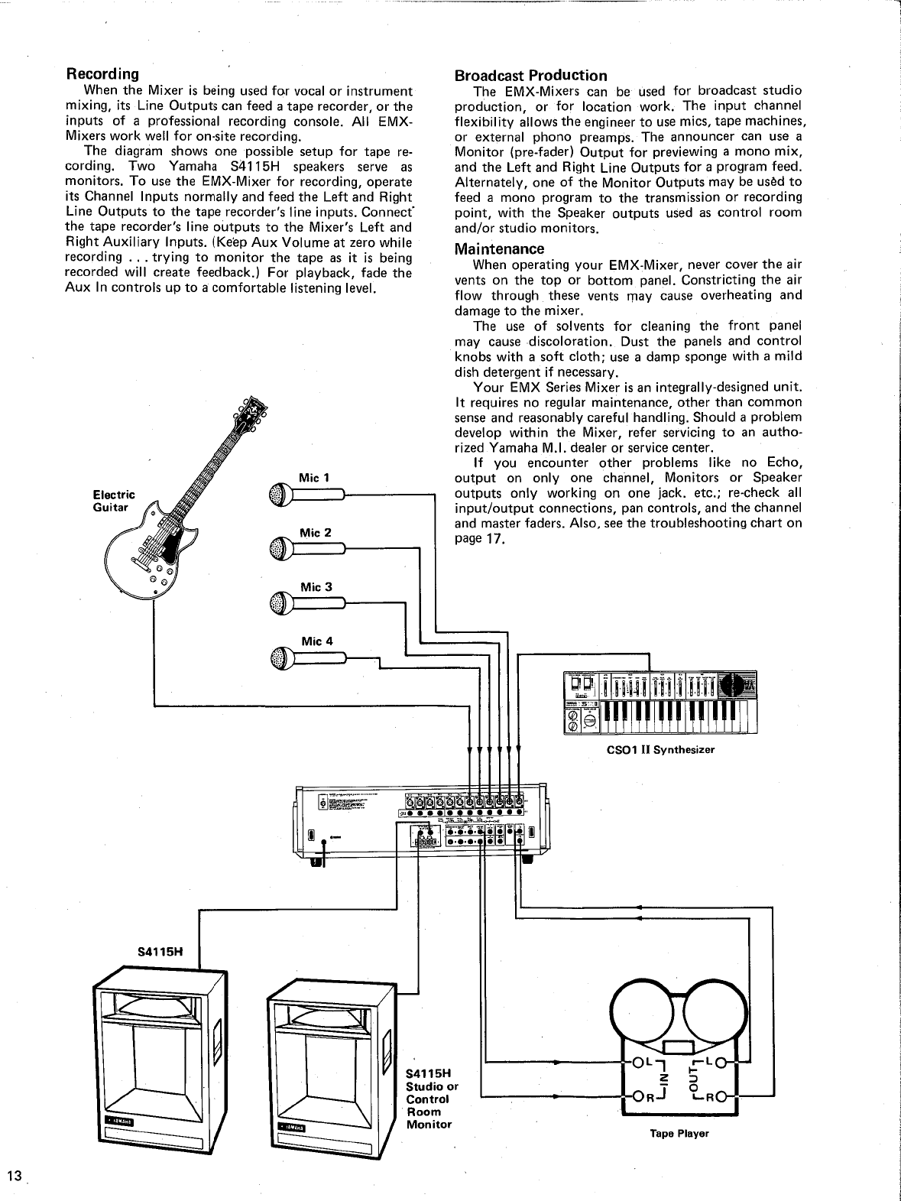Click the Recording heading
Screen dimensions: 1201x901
(102, 74)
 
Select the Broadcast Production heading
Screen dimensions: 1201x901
(530, 75)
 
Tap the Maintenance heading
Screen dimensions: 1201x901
(499, 248)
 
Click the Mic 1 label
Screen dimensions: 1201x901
(314, 478)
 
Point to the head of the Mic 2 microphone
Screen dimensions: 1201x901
(277, 548)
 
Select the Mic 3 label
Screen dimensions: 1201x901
(316, 587)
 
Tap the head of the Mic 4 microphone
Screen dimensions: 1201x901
(277, 657)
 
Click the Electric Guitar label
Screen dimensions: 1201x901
(113, 501)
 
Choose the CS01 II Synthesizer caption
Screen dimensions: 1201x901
(660, 749)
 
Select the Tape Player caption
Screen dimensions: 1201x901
(679, 1133)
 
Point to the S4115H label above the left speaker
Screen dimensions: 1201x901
(160, 953)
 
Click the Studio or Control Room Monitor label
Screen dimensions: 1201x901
(432, 1099)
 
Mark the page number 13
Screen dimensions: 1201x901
(14, 1176)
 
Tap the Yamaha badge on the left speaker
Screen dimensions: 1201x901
(118, 1121)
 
